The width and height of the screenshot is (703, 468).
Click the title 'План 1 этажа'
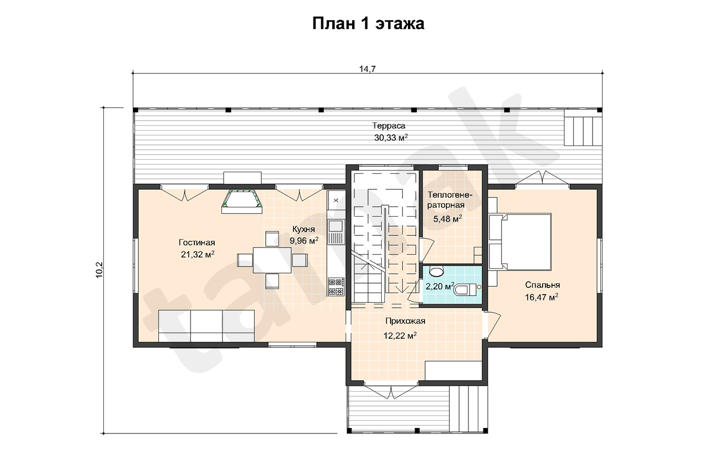pyautogui.click(x=368, y=24)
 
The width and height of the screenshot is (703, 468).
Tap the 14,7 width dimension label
pyautogui.click(x=367, y=69)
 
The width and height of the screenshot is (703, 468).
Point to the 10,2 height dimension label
pyautogui.click(x=99, y=270)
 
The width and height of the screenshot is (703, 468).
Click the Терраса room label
pyautogui.click(x=388, y=126)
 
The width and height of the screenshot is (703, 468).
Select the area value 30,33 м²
pyautogui.click(x=390, y=138)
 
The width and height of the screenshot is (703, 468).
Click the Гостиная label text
pyautogui.click(x=197, y=243)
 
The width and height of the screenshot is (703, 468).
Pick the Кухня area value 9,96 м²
pyautogui.click(x=304, y=241)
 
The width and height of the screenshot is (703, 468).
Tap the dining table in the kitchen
pyautogui.click(x=272, y=260)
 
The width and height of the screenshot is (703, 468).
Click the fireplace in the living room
pyautogui.click(x=242, y=201)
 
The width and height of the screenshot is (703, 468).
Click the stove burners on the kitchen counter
pyautogui.click(x=336, y=287)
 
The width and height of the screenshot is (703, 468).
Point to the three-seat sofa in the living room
pyautogui.click(x=206, y=326)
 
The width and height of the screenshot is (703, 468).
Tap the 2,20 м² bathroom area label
pyautogui.click(x=440, y=286)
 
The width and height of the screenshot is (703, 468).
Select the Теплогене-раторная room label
pyautogui.click(x=449, y=200)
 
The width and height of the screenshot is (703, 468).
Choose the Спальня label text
pyautogui.click(x=542, y=285)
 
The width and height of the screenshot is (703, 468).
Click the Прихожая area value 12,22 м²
pyautogui.click(x=400, y=336)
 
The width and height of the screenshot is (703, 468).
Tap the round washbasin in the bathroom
pyautogui.click(x=436, y=272)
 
